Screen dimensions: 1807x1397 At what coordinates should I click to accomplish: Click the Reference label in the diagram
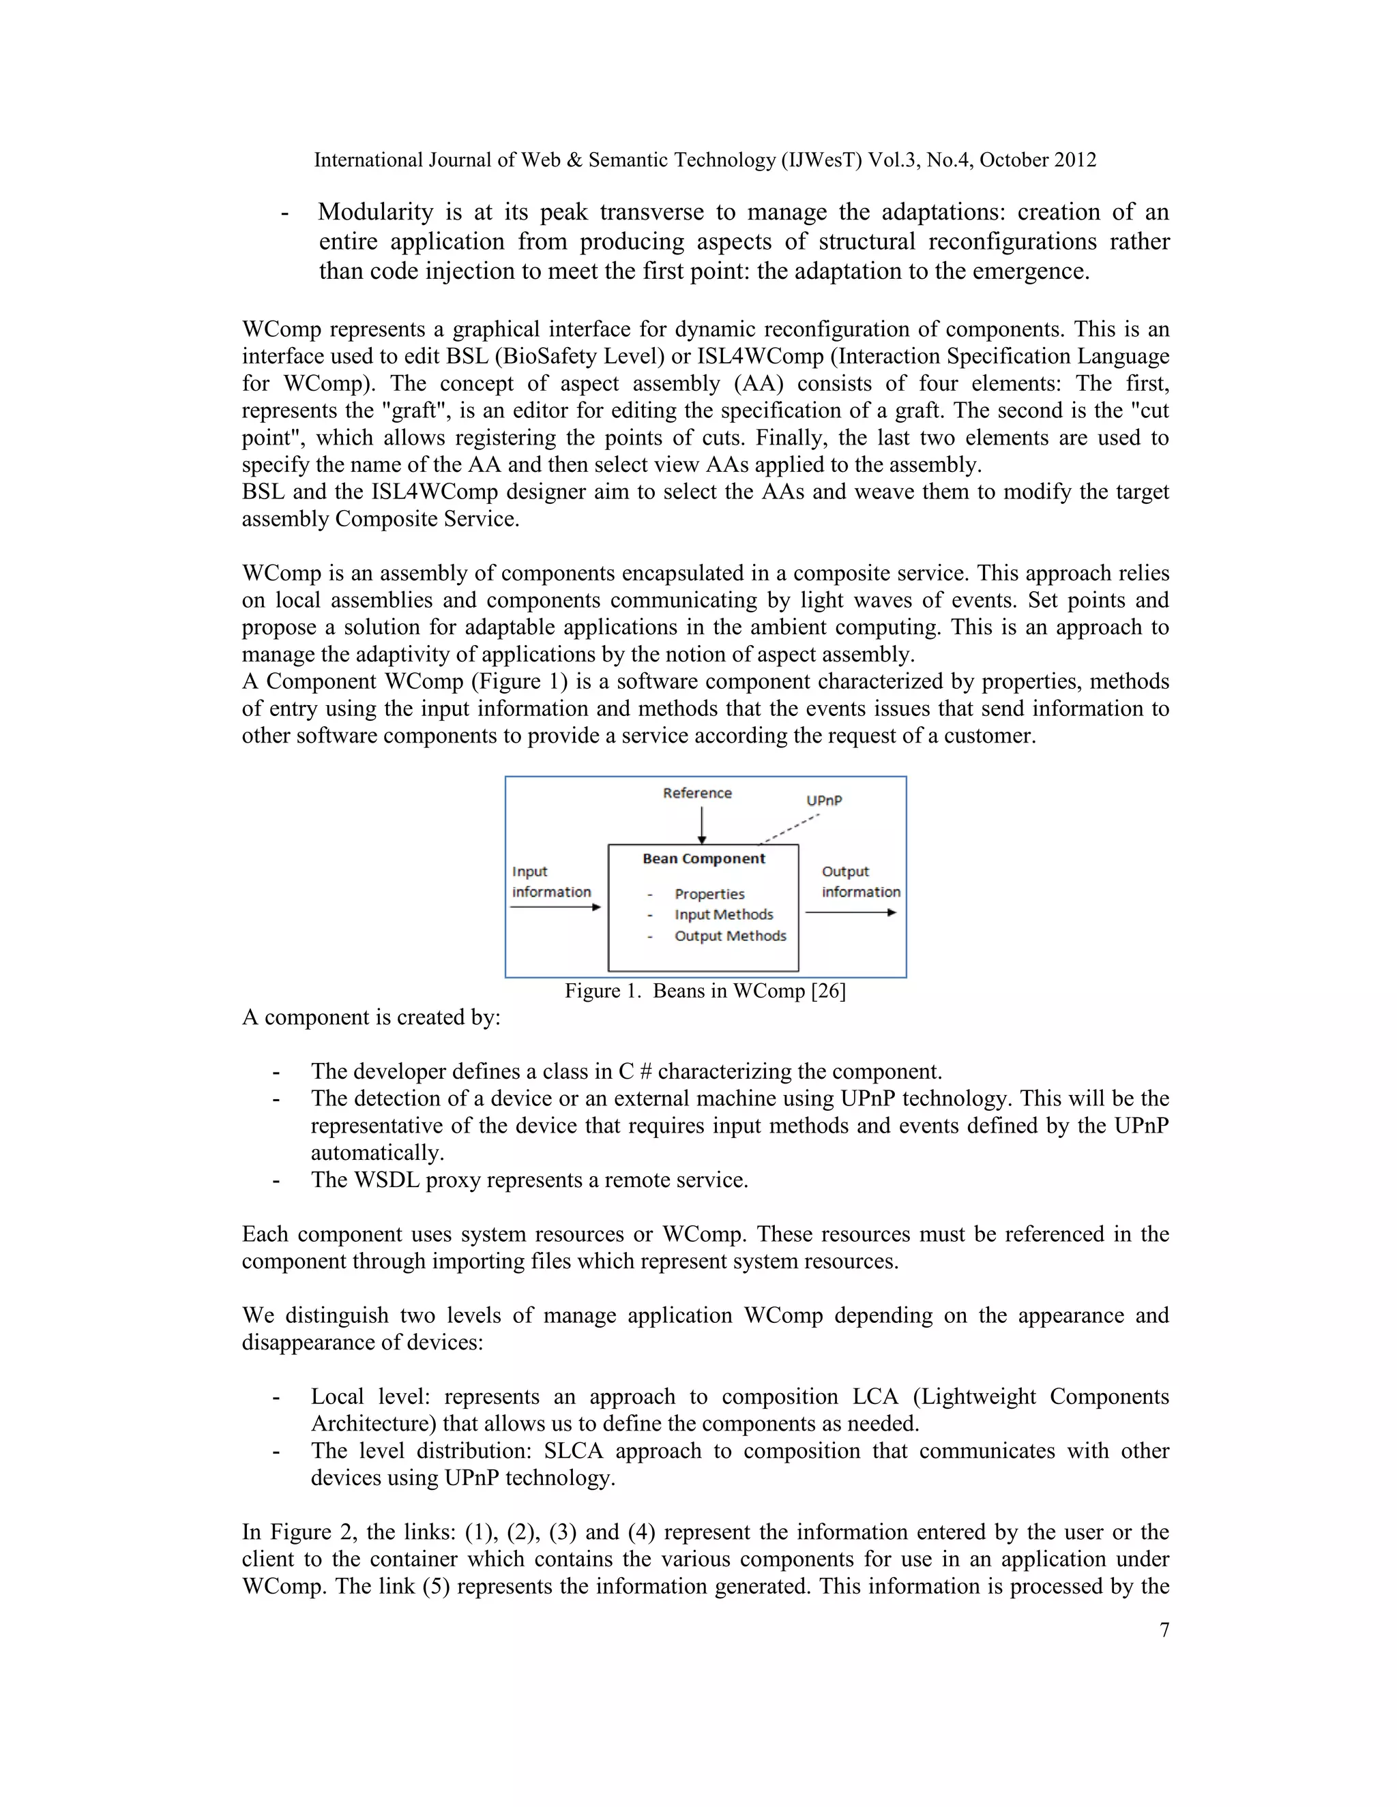(697, 792)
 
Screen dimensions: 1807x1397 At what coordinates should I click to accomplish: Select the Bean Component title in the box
(703, 858)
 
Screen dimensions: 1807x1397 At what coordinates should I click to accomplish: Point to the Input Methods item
(723, 914)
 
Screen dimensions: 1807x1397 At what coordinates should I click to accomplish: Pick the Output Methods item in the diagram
(730, 936)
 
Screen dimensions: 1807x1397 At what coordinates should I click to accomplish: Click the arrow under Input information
(555, 908)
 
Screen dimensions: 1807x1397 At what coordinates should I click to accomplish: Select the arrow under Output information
(850, 912)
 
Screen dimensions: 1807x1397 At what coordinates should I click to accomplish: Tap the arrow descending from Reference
(702, 824)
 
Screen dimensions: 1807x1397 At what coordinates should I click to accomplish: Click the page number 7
(1164, 1630)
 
